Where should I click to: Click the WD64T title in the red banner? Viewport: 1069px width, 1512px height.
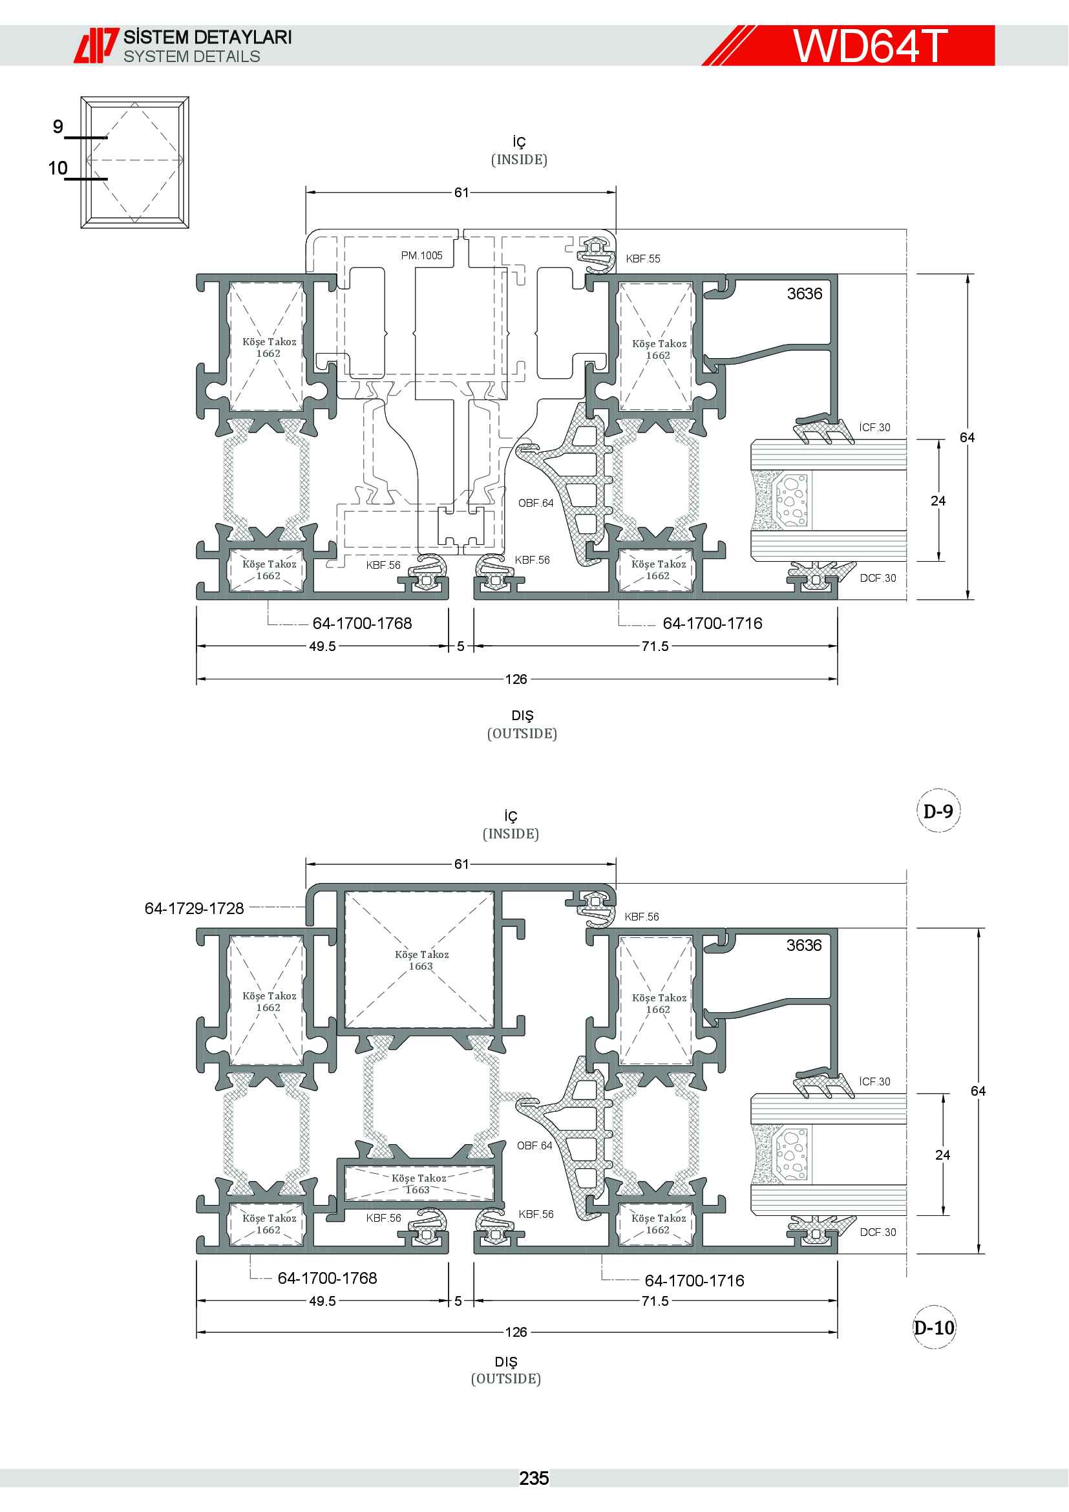(869, 45)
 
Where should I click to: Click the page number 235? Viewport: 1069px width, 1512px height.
(534, 1478)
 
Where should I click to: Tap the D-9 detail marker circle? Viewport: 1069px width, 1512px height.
(938, 810)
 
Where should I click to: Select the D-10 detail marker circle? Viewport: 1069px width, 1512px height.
(934, 1327)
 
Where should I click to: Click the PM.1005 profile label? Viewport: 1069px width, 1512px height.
(422, 255)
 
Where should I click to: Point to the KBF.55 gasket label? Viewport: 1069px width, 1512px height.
(643, 259)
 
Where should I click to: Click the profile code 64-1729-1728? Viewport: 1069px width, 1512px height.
(194, 909)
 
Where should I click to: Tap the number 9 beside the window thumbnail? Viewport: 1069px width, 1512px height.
(58, 127)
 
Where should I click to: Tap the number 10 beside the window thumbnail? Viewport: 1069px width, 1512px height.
(58, 168)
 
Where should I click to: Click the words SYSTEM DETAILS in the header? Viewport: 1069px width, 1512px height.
(191, 57)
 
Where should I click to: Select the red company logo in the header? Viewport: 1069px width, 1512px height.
(96, 45)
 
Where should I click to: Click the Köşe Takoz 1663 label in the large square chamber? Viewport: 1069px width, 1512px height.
(421, 960)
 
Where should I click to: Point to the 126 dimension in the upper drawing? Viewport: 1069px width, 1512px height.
(516, 679)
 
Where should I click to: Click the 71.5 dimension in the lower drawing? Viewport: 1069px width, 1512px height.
(655, 1301)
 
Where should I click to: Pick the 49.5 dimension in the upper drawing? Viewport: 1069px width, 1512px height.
(323, 646)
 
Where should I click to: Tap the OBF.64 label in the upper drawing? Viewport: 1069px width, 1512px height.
(536, 503)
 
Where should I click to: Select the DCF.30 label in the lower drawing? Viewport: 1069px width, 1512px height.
(878, 1232)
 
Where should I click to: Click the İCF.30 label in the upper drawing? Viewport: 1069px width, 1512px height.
(875, 427)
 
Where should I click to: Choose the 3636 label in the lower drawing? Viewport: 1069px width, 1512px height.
(805, 946)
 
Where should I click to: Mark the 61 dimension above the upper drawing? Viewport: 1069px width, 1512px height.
(461, 192)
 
